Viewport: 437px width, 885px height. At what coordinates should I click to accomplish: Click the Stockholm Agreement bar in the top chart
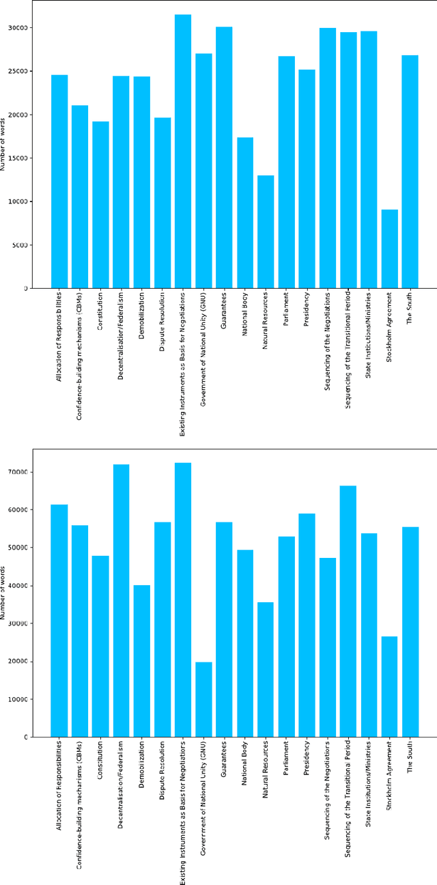(x=389, y=249)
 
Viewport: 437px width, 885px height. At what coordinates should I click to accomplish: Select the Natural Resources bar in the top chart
(x=266, y=232)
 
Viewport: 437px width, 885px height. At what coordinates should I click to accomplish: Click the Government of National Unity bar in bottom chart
(x=203, y=699)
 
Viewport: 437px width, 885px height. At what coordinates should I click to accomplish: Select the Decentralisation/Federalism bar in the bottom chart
(x=121, y=601)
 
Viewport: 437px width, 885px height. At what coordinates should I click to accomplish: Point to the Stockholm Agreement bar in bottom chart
(x=389, y=686)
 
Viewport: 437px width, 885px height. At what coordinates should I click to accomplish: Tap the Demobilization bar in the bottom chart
(x=141, y=661)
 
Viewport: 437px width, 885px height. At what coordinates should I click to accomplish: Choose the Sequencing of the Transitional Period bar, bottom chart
(x=348, y=611)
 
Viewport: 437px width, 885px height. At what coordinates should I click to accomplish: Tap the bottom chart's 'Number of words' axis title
(x=4, y=593)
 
